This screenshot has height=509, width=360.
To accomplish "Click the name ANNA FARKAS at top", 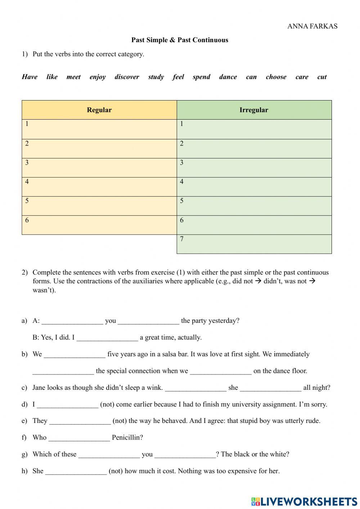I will tap(312, 26).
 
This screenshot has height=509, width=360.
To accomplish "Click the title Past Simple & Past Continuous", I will tap(180, 40).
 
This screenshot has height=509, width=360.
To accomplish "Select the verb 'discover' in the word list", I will tap(127, 77).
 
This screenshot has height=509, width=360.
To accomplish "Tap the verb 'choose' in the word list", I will tap(276, 77).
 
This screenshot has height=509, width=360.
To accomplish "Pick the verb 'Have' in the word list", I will tap(30, 77).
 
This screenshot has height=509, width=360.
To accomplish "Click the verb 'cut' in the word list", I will tap(322, 77).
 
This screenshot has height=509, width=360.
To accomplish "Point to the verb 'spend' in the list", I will tap(201, 77).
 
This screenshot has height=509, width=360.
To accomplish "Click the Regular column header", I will tap(99, 110).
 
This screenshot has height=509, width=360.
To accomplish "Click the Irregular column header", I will tap(254, 110).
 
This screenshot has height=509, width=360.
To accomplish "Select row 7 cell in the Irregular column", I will tap(254, 244).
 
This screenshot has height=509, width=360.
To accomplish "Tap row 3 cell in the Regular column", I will tap(99, 168).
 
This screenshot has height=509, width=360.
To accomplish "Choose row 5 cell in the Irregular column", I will tap(254, 206).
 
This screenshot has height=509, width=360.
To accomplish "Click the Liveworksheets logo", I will tap(304, 501).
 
